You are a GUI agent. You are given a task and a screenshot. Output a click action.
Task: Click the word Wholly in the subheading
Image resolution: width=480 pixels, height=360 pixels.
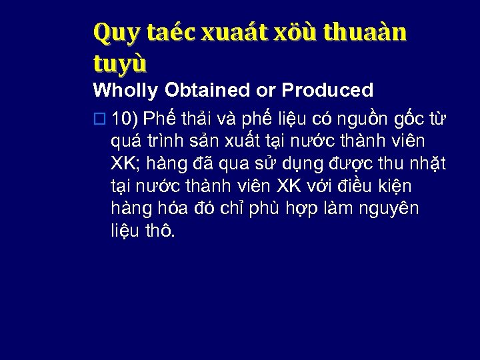click(x=125, y=90)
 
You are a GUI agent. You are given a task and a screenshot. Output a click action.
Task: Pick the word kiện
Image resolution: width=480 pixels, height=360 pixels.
click(x=392, y=186)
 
